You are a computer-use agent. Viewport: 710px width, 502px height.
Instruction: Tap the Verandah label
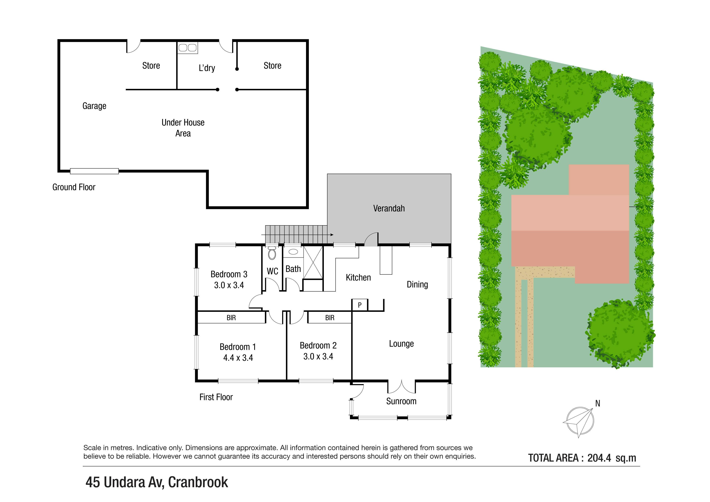pos(389,208)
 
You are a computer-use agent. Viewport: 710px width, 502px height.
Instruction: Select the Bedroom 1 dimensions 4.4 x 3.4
pos(238,358)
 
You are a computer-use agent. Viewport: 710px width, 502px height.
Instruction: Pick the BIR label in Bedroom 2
pos(330,317)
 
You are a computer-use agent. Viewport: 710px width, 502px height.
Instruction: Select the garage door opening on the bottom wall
pos(94,171)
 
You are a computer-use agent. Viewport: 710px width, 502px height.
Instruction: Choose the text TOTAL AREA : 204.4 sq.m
pos(582,458)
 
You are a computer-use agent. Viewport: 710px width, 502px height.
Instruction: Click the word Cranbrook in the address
pos(198,482)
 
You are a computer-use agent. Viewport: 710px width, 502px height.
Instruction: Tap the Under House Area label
pos(183,128)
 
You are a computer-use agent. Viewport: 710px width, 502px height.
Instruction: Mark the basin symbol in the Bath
pos(293,252)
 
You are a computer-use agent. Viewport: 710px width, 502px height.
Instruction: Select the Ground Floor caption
pos(74,187)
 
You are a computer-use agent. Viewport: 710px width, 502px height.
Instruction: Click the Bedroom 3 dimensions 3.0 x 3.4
pos(229,285)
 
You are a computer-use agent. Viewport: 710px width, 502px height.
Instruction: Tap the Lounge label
pos(401,344)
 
